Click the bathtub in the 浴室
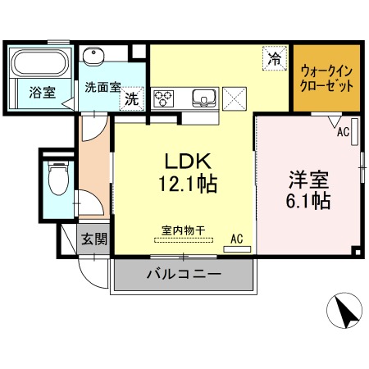(39, 62)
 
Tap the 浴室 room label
(43, 92)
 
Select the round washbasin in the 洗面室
(93, 56)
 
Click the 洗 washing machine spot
(132, 98)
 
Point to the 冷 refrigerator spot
(275, 58)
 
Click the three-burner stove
(163, 98)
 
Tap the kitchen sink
(204, 98)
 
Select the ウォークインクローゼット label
(326, 79)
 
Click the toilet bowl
(58, 178)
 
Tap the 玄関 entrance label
(94, 239)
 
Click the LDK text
(188, 161)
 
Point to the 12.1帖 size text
(188, 184)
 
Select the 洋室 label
(309, 180)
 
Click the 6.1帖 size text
(308, 201)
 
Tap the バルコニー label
(184, 274)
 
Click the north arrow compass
(344, 311)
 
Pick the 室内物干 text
(184, 230)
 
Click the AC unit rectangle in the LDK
(237, 249)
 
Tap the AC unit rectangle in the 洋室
(354, 131)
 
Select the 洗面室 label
(102, 87)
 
